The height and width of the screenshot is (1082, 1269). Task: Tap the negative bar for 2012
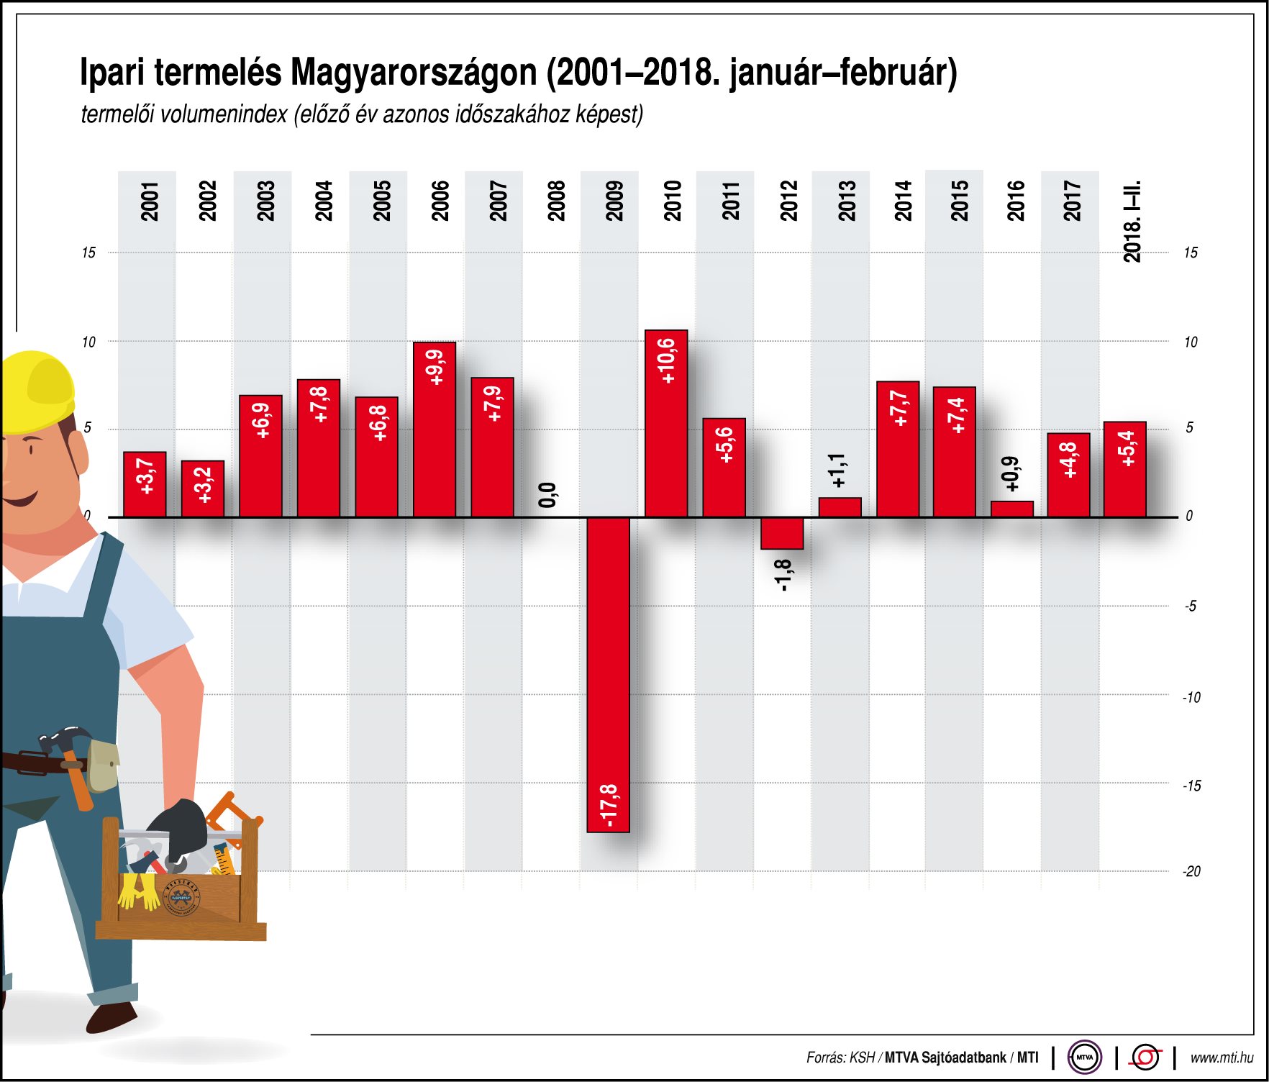782,533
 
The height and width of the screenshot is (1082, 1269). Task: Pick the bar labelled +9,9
434,429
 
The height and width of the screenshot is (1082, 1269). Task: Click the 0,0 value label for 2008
547,495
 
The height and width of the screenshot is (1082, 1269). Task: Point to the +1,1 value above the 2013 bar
837,470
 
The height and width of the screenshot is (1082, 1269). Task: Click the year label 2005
381,201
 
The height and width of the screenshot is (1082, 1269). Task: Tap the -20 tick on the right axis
1191,871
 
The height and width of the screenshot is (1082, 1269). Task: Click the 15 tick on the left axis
88,253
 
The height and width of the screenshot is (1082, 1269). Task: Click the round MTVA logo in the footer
1084,1057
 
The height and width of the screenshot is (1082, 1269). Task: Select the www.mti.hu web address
1222,1058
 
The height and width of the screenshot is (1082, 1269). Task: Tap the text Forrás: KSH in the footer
840,1058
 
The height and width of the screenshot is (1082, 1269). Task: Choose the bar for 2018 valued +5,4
1124,469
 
